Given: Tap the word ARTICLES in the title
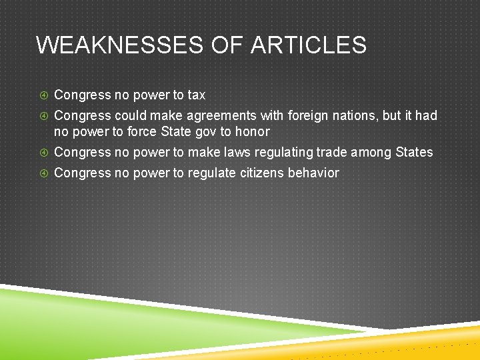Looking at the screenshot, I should pyautogui.click(x=309, y=45).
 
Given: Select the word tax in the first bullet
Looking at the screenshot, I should pyautogui.click(x=196, y=95).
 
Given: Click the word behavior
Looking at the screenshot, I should pyautogui.click(x=313, y=173).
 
